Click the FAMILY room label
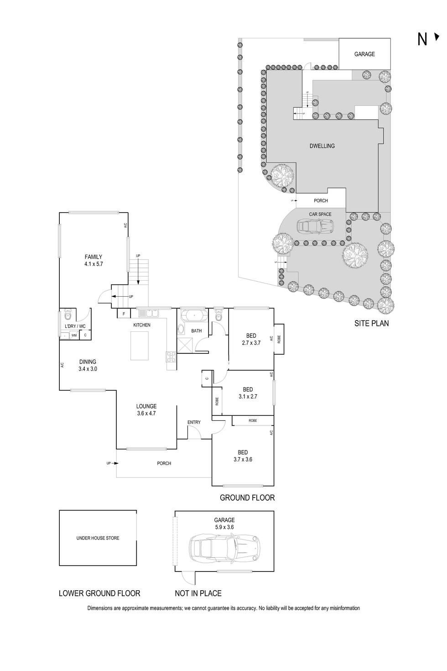pos(94,260)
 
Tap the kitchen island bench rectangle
pos(140,346)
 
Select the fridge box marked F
pos(124,314)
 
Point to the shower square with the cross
pos(185,345)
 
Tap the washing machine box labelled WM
pos(74,335)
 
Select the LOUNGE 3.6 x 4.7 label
pos(146,410)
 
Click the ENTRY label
pos(194,422)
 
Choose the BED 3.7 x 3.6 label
pos(243,456)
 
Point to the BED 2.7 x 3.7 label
pos(251,339)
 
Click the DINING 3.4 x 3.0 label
pos(88,365)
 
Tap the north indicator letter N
pos(422,40)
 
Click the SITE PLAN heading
pos(372,323)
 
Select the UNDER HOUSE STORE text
pos(98,538)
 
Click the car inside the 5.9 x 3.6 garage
pos(224,546)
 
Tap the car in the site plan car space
pos(315,225)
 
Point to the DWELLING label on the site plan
pos(322,146)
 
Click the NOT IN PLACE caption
pos(198,593)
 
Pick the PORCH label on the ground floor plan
pos(164,463)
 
